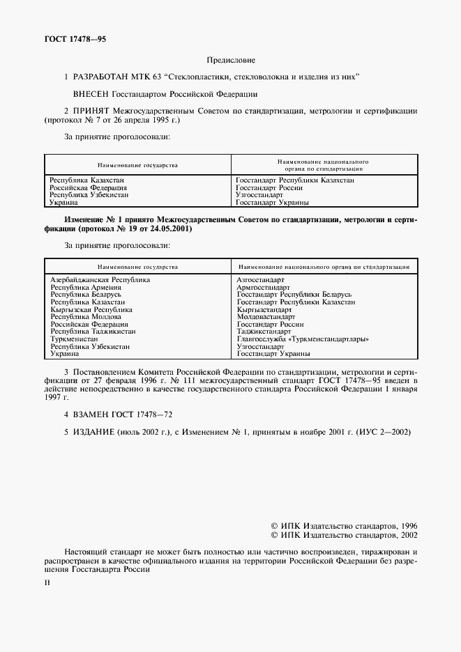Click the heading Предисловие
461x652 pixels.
tap(231, 61)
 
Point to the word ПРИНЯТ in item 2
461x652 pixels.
tap(91, 110)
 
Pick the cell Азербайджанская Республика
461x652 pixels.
tap(100, 279)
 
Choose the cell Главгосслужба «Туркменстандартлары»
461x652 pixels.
tap(303, 339)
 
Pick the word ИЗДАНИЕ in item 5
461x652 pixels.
tap(92, 432)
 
